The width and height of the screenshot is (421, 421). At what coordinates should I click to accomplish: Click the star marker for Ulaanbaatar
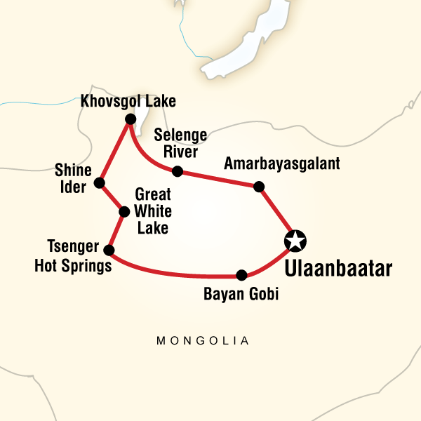(295, 241)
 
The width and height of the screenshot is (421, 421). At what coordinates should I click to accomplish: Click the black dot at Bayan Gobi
(241, 275)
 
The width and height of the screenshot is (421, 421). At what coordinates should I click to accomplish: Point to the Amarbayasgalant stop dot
(258, 186)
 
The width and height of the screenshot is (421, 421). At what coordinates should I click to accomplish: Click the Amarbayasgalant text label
(281, 163)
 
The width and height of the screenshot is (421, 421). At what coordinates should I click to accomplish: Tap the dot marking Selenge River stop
(178, 171)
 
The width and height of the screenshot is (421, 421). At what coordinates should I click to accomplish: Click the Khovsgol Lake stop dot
(129, 120)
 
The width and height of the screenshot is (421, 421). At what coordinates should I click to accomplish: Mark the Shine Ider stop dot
(99, 183)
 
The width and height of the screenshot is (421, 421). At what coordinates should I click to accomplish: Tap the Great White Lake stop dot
(124, 211)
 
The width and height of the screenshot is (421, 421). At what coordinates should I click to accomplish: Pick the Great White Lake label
(152, 211)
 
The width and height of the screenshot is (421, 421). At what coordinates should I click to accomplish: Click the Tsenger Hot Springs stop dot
(109, 249)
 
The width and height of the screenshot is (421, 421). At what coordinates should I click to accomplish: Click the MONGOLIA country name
(203, 341)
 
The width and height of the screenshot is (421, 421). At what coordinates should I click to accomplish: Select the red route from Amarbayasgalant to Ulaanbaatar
(275, 211)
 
